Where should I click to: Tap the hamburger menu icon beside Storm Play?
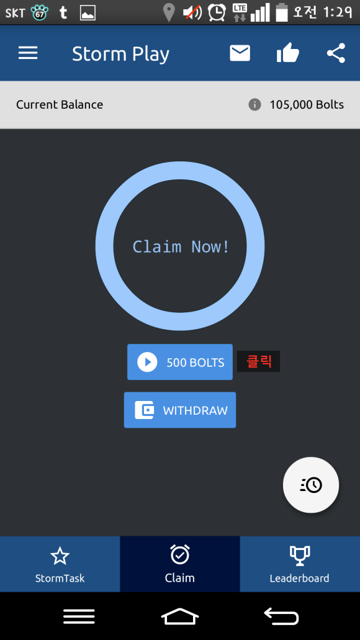click(x=28, y=53)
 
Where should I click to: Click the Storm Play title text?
click(x=120, y=54)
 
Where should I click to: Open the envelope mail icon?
click(x=240, y=53)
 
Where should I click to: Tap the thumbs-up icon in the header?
click(x=288, y=53)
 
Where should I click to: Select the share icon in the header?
click(x=336, y=53)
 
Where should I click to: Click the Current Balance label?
click(x=60, y=105)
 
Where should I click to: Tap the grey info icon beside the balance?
click(x=254, y=105)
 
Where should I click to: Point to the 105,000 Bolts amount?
click(x=307, y=105)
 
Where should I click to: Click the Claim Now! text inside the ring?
click(x=181, y=247)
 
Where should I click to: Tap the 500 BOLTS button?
click(x=180, y=362)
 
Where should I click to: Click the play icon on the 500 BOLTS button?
click(x=147, y=362)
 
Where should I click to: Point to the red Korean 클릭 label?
click(x=258, y=361)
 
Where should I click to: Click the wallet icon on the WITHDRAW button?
click(x=145, y=410)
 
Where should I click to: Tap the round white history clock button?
click(x=311, y=485)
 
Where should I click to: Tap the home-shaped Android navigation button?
click(x=180, y=616)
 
